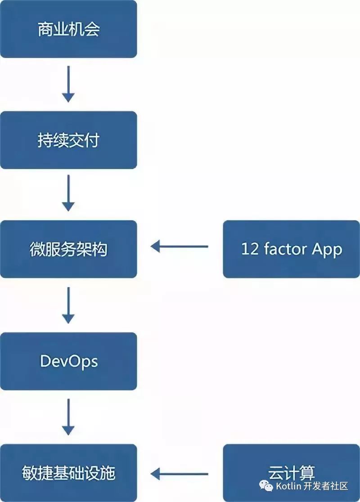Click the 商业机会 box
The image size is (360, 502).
pos(68,29)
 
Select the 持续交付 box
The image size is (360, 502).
pos(68,140)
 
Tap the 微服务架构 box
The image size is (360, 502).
pos(68,249)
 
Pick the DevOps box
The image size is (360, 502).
pos(68,361)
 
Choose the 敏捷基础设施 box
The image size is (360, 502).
pos(68,473)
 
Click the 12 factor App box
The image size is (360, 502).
pos(292,249)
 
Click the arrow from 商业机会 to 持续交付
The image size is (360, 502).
pos(68,84)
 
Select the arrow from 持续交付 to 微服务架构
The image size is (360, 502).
pos(68,193)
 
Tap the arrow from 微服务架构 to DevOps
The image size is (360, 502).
pos(68,305)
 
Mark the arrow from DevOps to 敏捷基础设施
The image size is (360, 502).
pos(68,417)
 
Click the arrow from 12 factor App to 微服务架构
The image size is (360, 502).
pos(180,247)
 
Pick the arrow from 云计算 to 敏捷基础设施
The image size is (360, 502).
pos(180,474)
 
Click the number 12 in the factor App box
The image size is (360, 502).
pos(249,249)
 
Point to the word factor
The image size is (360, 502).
pos(284,249)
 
